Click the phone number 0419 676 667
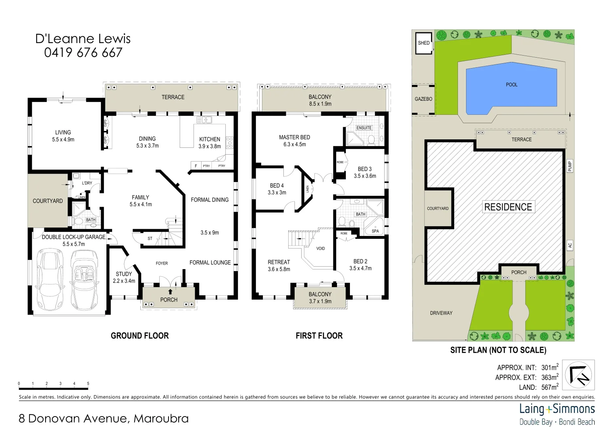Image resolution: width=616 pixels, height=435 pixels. point(83,53)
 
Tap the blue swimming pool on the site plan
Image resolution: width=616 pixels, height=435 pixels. point(511,89)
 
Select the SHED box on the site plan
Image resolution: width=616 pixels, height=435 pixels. point(424,43)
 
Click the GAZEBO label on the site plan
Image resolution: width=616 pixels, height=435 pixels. point(423,99)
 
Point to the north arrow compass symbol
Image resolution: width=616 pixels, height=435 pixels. point(578,375)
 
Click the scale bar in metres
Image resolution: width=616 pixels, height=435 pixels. point(53,388)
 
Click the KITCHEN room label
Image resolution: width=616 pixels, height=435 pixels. point(210,139)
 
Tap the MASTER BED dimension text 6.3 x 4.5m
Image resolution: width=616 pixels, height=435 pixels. point(294,145)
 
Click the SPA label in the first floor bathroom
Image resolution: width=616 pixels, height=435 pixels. point(375,231)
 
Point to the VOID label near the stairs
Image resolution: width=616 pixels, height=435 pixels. point(320,249)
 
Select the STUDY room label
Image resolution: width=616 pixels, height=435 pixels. point(124,274)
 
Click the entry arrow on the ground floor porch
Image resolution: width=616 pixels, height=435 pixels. point(170,292)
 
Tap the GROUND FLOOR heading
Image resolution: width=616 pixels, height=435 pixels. point(139,336)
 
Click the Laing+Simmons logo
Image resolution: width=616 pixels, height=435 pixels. point(557,414)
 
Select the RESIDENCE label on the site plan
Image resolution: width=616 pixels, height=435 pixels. point(508,207)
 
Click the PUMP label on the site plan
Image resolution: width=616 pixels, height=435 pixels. point(570,166)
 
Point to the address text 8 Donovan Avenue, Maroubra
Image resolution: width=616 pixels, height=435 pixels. point(104,419)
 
